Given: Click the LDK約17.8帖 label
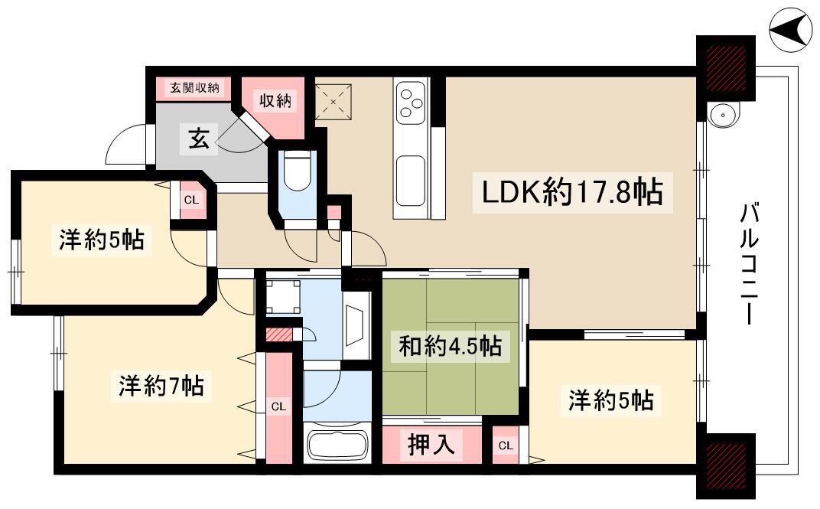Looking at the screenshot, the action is (572, 192).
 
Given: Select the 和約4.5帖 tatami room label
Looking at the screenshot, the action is (450, 346).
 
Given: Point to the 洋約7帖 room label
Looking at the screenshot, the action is (161, 386).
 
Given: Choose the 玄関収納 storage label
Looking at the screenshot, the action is (194, 88).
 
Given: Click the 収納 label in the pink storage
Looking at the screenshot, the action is (275, 100).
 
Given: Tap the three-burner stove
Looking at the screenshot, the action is (411, 103).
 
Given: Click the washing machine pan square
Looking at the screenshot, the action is (283, 297).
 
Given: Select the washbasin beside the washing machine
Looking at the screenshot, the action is (357, 325).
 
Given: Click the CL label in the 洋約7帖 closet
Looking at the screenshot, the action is (278, 406).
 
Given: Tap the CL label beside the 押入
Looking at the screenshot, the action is (506, 445).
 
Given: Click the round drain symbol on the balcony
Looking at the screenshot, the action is (721, 113).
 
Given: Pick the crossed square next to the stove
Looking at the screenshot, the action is (334, 102).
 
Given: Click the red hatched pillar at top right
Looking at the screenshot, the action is (726, 68).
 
